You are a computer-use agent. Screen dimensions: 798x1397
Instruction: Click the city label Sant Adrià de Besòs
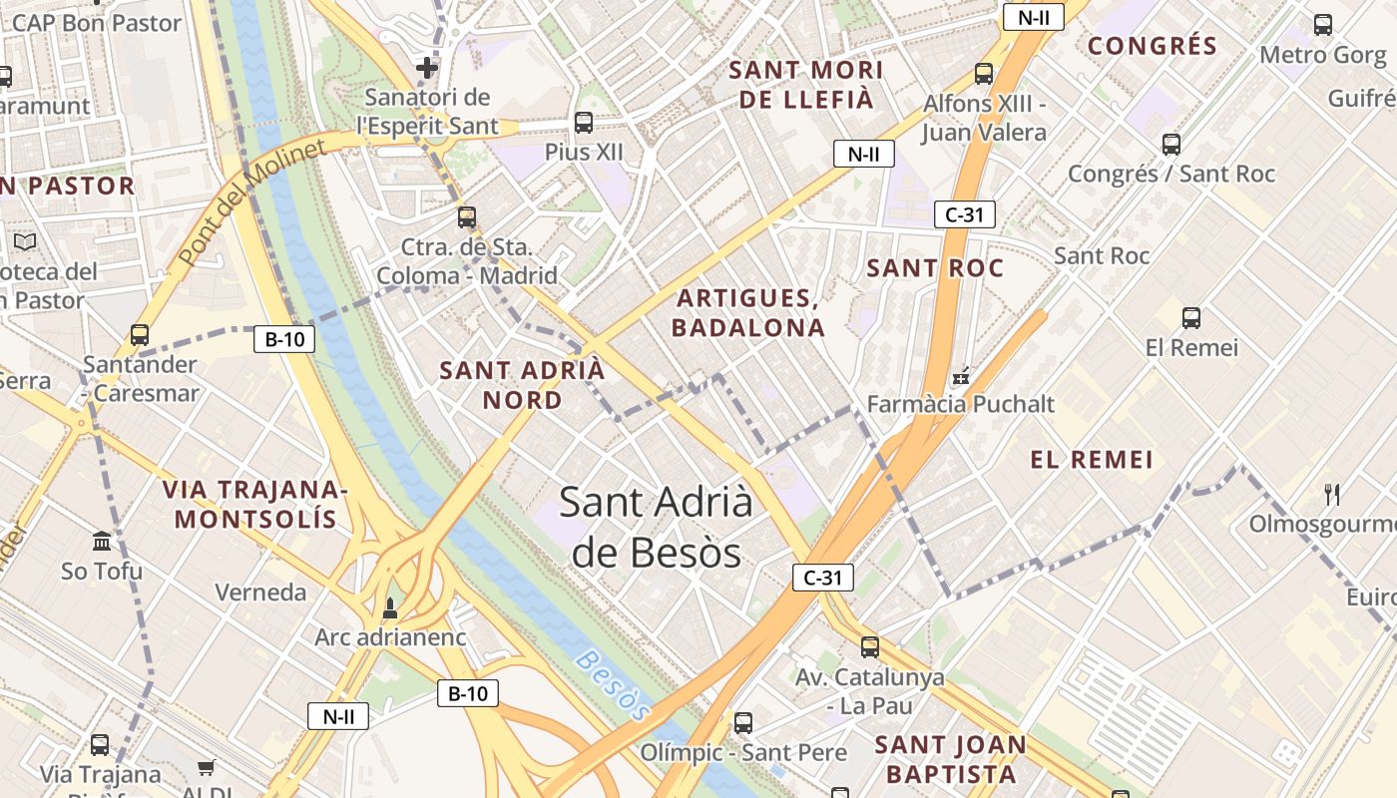click(656, 527)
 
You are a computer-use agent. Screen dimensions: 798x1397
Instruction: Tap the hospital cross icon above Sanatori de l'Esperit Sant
click(427, 68)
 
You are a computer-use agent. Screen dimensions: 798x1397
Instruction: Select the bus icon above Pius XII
click(584, 123)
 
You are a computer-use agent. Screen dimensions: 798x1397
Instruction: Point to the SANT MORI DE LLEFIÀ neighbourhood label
click(806, 85)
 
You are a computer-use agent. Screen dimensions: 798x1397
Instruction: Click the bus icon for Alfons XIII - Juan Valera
click(984, 73)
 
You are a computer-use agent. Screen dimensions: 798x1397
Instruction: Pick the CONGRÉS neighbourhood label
click(1153, 46)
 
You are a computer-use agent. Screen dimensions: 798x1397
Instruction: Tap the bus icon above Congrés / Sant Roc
click(1171, 145)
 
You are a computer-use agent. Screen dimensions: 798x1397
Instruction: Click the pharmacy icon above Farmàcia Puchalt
click(961, 376)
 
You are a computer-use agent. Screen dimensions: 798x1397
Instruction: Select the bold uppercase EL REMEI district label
click(1092, 460)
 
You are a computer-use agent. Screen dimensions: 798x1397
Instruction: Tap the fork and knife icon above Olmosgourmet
click(1331, 494)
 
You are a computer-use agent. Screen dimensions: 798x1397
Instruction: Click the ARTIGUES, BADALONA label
click(748, 313)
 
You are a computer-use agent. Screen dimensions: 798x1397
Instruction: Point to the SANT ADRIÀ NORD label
click(522, 385)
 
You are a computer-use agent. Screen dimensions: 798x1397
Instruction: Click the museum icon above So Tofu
click(102, 542)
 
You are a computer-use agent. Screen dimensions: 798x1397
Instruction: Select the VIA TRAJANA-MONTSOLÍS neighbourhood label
click(254, 505)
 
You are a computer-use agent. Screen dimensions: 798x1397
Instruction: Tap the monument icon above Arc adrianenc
click(390, 607)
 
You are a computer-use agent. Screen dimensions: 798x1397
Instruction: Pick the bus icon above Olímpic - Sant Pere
click(743, 723)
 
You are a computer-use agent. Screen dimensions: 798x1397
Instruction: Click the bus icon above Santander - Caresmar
click(140, 335)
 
